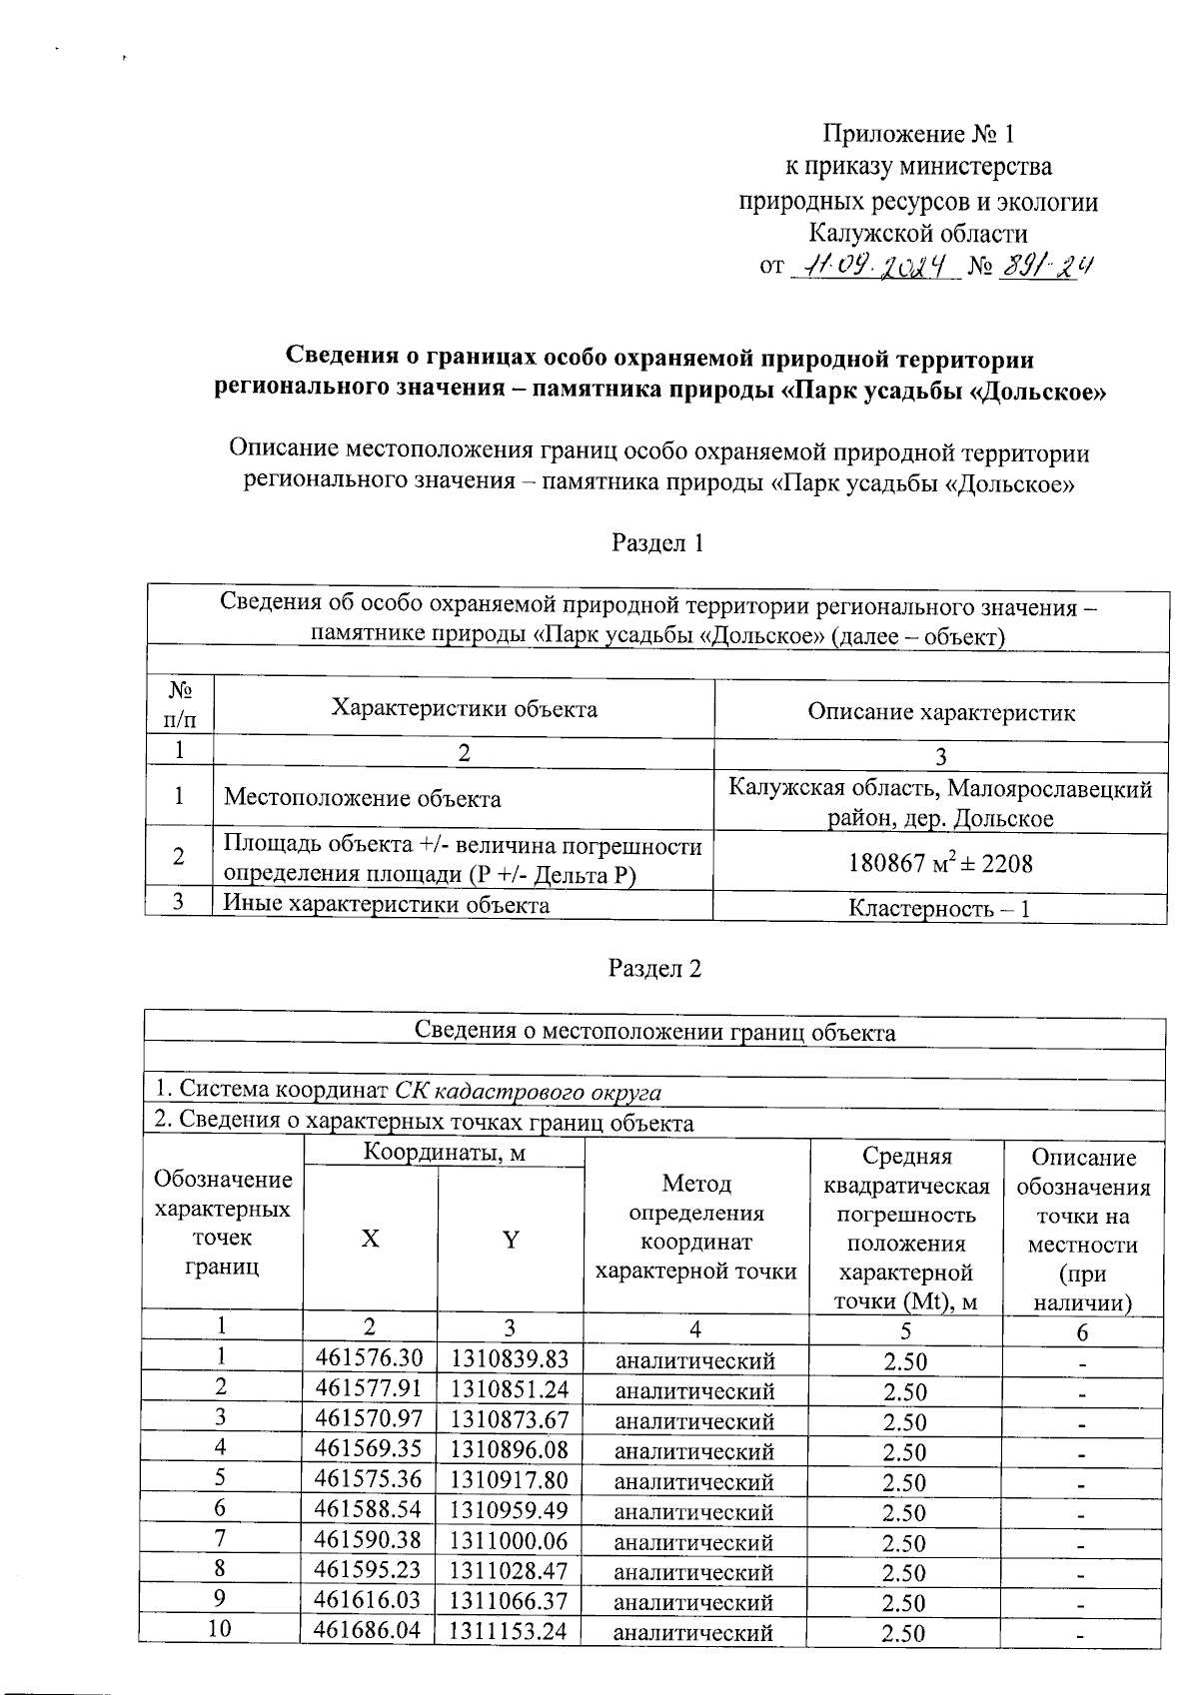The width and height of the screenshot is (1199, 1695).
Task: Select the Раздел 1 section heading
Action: point(656,543)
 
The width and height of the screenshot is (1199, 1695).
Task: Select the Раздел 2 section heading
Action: point(655,969)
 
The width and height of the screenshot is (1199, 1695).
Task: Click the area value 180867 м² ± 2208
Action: point(940,863)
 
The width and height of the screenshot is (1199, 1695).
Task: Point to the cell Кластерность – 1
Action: point(939,909)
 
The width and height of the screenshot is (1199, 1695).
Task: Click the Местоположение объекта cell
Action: point(362,798)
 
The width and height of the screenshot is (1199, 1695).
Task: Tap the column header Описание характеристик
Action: point(940,712)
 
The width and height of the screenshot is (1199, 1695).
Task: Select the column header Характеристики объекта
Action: point(464,709)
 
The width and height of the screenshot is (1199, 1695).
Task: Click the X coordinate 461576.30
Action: point(369,1358)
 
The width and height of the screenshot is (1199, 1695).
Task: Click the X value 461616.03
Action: point(369,1600)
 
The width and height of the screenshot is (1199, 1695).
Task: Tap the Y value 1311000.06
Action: point(510,1540)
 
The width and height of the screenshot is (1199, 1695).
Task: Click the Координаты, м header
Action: point(444,1154)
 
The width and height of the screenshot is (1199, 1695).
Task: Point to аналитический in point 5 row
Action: point(693,1481)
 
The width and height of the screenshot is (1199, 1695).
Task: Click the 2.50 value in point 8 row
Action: point(904,1572)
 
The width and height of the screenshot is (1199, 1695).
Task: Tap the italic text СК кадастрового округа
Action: point(528,1092)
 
